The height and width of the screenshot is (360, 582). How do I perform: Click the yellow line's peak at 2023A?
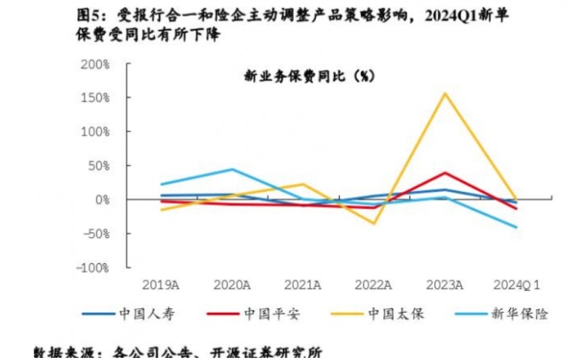pyautogui.click(x=445, y=93)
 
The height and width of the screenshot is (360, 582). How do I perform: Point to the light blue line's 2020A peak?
pyautogui.click(x=233, y=169)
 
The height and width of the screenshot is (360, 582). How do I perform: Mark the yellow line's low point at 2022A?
pyautogui.click(x=374, y=223)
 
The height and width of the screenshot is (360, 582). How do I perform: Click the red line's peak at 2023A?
pyautogui.click(x=445, y=172)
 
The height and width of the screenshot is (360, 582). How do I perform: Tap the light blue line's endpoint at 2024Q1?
pyautogui.click(x=517, y=228)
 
